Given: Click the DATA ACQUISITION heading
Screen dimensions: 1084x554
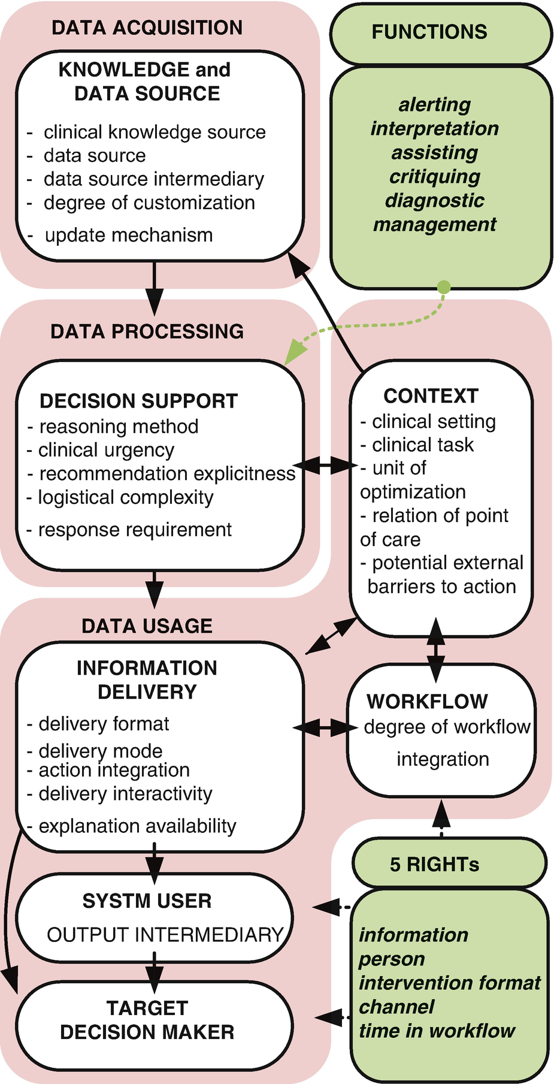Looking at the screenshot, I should coord(147,28).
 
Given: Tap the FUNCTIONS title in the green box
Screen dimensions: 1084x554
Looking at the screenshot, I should coord(429,32).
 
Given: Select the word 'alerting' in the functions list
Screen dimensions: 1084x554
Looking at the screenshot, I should coord(435,104).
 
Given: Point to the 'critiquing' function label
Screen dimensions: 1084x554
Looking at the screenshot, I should coord(435,176).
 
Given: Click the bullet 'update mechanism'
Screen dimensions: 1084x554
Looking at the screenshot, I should coord(129,235).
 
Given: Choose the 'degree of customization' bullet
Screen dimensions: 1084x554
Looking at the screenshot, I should coord(149,203).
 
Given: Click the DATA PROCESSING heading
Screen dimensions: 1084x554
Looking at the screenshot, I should coord(147,331).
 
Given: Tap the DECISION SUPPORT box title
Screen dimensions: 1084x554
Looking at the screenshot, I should coord(138,401).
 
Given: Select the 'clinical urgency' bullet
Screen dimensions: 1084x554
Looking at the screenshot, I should coord(106,450).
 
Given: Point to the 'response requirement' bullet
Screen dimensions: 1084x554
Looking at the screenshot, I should coord(135,530).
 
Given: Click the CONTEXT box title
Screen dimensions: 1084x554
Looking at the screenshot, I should coord(431,396).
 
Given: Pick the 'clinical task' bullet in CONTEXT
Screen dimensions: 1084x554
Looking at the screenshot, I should coord(422,445).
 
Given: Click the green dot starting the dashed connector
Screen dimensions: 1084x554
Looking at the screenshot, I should coord(443,287).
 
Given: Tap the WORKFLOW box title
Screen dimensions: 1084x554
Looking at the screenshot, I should coord(427,701).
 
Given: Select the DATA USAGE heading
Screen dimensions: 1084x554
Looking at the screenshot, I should coord(147,626).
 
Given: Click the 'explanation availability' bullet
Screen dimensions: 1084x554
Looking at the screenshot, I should coord(137,826).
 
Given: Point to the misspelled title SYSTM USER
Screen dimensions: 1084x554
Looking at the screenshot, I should coord(147,901).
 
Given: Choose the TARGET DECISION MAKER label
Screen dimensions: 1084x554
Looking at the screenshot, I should coord(147,1020).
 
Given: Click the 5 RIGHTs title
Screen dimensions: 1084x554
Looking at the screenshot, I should coord(434,864).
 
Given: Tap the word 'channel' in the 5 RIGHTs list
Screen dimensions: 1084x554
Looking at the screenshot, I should coord(396,1007).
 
